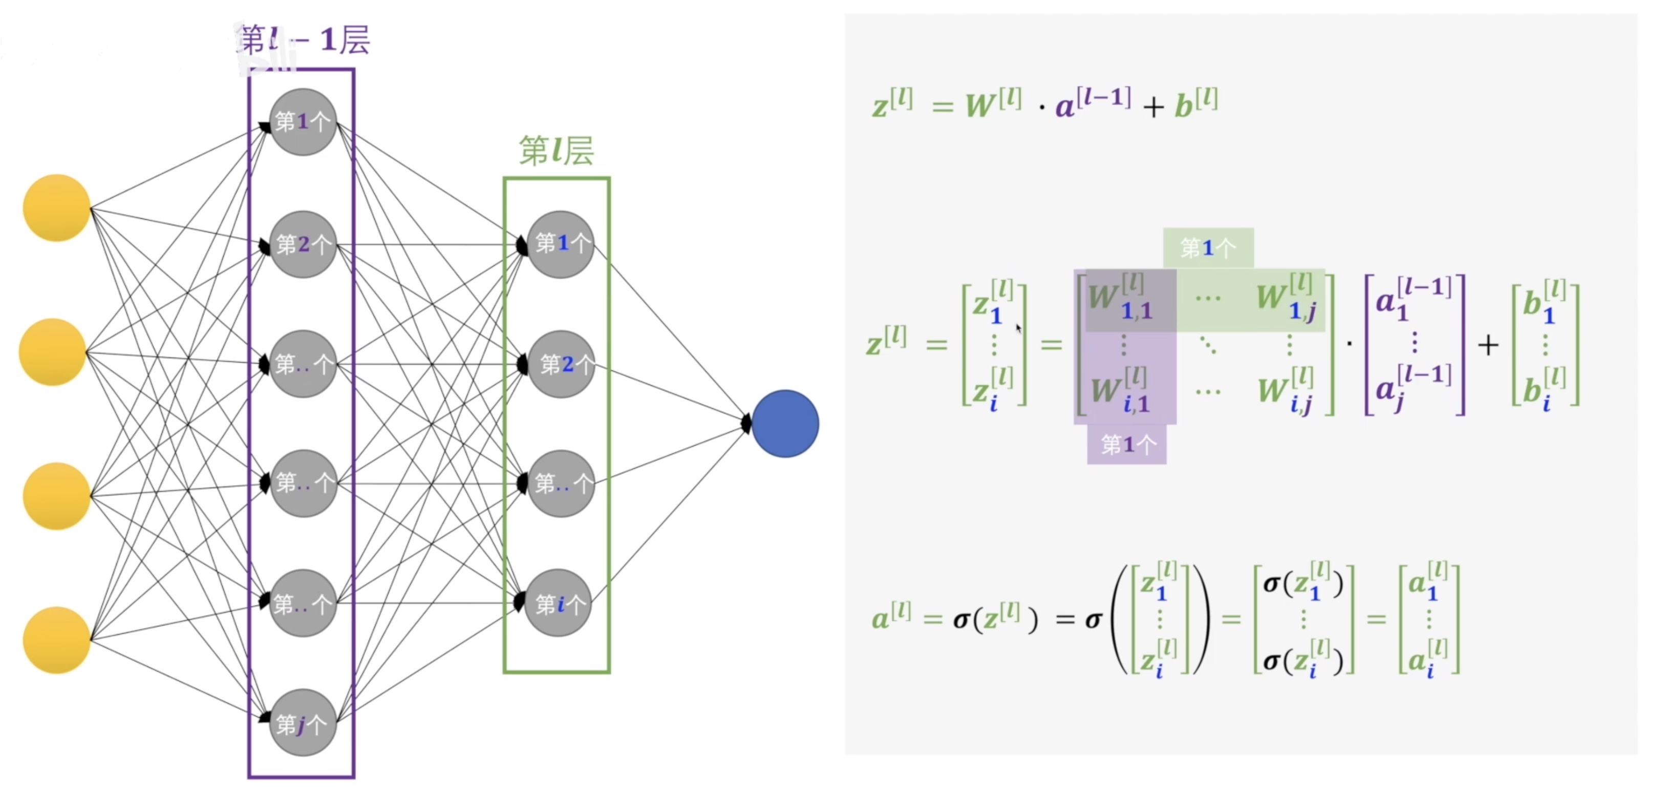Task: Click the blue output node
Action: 785,424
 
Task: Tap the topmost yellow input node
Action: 56,207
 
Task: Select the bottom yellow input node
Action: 56,640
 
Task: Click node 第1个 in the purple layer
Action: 303,121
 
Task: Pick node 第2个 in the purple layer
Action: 303,244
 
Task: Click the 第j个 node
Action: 303,723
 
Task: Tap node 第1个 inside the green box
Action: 561,244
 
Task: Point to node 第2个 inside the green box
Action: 561,364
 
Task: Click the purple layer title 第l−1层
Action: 304,40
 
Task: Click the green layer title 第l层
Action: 556,151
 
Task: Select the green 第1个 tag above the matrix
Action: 1208,247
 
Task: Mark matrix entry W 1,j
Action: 1287,298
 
